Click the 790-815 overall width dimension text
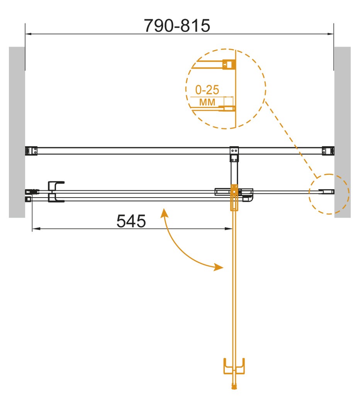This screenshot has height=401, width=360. pos(177,26)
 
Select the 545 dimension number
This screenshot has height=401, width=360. pos(131,221)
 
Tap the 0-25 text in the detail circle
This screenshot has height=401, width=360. pos(207,90)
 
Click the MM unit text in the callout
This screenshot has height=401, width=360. pos(207,102)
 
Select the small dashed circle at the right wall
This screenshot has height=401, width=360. pos(329,194)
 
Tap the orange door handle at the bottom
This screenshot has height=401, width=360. pos(234,367)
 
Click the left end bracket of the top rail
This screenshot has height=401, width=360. pos(31,151)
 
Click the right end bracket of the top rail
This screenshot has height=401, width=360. pos(328,151)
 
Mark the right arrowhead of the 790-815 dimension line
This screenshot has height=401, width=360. pos(331,34)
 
